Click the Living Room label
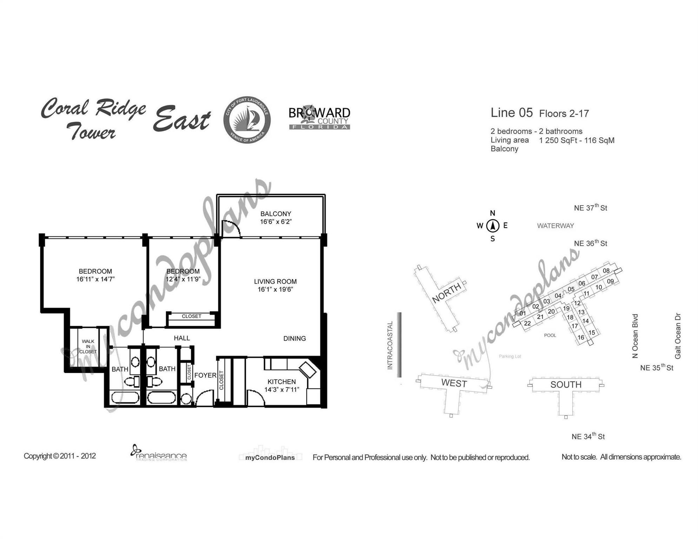coord(275,281)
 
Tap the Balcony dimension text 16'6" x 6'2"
coord(276,222)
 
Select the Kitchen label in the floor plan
coord(282,381)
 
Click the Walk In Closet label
coord(88,346)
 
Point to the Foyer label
coord(205,375)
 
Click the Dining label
coord(295,338)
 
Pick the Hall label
coord(182,338)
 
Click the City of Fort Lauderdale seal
coord(247,119)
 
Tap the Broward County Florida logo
coord(319,118)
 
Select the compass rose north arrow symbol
coord(493,226)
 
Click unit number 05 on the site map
coord(571,289)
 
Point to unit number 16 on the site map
coord(581,338)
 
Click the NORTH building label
coord(447,293)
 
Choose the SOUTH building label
coord(566,385)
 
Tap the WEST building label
coord(454,383)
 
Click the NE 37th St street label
coord(591,207)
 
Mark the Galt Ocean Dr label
coord(678,336)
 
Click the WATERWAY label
coord(555,226)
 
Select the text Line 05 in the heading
coord(512,113)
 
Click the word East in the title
coord(182,119)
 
